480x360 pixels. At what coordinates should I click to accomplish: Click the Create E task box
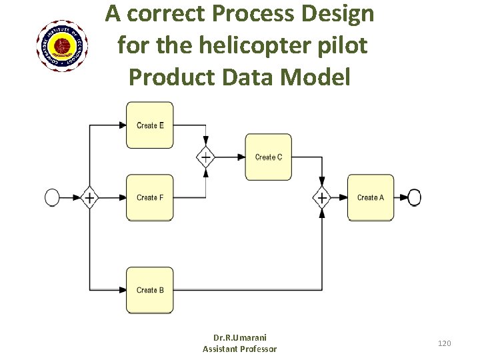pyautogui.click(x=150, y=125)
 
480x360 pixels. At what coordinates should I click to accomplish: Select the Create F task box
pyautogui.click(x=150, y=197)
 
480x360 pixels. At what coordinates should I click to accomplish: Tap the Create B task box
pyautogui.click(x=150, y=290)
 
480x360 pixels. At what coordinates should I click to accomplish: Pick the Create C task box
pyautogui.click(x=268, y=157)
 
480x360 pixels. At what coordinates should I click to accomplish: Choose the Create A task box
pyautogui.click(x=370, y=197)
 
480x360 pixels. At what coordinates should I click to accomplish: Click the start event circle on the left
pyautogui.click(x=52, y=197)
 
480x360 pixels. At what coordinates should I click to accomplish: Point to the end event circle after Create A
pyautogui.click(x=414, y=197)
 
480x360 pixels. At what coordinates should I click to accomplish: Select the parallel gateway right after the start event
pyautogui.click(x=89, y=197)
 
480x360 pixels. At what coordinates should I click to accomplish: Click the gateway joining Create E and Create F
pyautogui.click(x=205, y=157)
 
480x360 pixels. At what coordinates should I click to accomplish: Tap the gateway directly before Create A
pyautogui.click(x=322, y=197)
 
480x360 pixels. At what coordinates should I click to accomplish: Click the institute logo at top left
pyautogui.click(x=61, y=46)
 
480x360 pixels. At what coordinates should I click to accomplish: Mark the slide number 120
pyautogui.click(x=444, y=343)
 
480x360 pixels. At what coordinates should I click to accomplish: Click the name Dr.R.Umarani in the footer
pyautogui.click(x=239, y=337)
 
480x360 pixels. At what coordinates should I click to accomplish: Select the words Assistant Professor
pyautogui.click(x=239, y=349)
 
